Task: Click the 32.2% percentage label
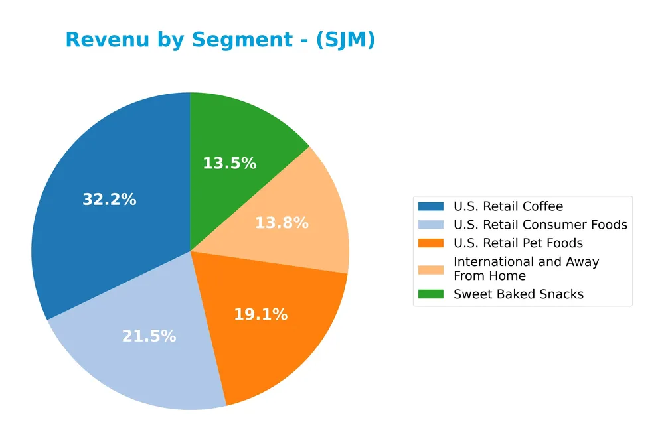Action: click(x=110, y=199)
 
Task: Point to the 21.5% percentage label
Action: click(x=149, y=336)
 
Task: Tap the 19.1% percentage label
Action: click(x=260, y=314)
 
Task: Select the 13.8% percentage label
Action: click(x=282, y=223)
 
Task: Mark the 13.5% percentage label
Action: click(x=229, y=163)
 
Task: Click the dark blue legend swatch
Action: click(x=431, y=206)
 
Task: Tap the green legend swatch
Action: click(x=431, y=294)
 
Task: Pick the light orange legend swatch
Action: click(x=431, y=269)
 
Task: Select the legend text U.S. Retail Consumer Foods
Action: click(x=540, y=225)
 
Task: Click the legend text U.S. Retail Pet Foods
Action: click(x=518, y=243)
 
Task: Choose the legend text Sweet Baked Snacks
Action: click(x=518, y=294)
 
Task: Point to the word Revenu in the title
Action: click(x=104, y=40)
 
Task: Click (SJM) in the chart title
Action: click(x=345, y=40)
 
